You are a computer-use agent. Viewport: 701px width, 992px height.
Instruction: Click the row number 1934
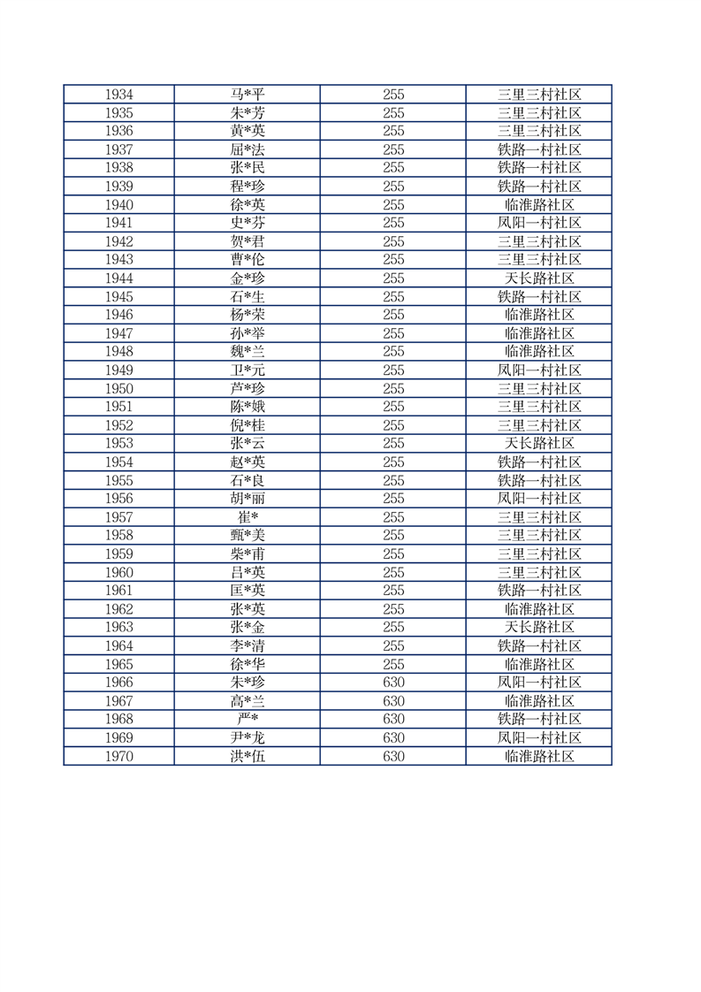click(118, 95)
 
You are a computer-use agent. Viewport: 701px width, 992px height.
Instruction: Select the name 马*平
click(247, 95)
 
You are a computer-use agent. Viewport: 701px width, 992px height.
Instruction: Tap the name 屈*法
click(247, 149)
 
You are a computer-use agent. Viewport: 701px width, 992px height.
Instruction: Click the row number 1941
click(118, 223)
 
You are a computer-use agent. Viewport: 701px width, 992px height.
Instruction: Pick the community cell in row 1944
click(539, 279)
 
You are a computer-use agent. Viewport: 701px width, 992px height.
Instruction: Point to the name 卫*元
click(247, 370)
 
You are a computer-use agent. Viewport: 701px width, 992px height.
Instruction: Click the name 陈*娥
click(247, 407)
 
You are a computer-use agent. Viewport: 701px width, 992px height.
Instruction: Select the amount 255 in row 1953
click(393, 444)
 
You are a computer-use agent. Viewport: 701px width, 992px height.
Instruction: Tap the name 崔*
click(247, 517)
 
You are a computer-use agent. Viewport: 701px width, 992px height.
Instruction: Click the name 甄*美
click(247, 536)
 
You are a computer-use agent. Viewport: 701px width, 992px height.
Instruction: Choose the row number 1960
click(118, 572)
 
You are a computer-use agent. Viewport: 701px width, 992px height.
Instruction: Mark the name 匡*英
click(247, 591)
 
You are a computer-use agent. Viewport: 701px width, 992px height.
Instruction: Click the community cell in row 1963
click(539, 628)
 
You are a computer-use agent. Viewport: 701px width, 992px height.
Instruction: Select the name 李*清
click(247, 646)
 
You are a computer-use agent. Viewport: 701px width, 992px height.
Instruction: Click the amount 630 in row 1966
click(393, 683)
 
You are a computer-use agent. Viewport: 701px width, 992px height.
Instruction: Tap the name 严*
click(247, 720)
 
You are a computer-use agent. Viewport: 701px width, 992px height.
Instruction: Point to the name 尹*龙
click(247, 738)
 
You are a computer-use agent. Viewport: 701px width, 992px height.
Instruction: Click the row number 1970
click(118, 757)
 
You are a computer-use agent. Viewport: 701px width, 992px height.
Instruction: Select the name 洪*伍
click(247, 757)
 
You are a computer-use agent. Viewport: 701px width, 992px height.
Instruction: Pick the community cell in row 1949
click(539, 370)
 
